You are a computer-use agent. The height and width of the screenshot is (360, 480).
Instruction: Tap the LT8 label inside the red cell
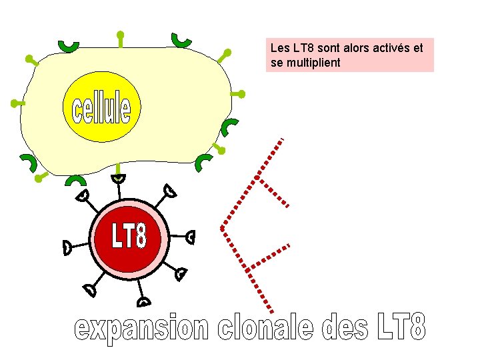coord(129,236)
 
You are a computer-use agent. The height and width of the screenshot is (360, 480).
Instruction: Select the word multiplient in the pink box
coord(312,63)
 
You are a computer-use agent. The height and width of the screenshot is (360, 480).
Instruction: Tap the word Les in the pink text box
coord(280,49)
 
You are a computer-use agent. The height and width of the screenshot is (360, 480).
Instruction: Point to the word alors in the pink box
coord(349,49)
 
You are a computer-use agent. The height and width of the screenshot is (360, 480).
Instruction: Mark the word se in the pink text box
coord(277,63)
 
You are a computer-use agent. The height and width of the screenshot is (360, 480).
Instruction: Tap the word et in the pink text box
coord(418,49)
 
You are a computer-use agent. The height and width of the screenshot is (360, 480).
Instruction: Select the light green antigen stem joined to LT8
coord(117,167)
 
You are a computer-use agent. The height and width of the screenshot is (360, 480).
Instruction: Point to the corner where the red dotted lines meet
coord(222,228)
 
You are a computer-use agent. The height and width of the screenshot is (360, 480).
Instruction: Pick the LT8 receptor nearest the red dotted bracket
coord(191,236)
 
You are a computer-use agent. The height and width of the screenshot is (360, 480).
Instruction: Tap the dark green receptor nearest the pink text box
coord(181,40)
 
